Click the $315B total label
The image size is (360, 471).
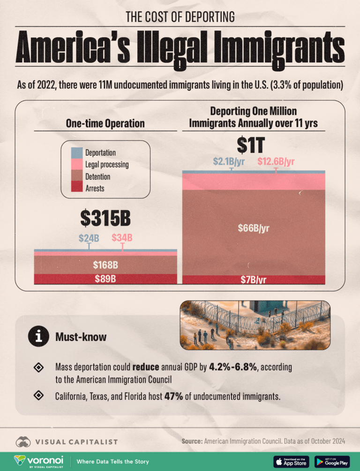(x=105, y=218)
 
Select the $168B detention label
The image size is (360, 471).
(x=105, y=265)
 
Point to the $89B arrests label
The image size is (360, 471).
(x=105, y=280)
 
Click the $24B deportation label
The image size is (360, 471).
(x=89, y=237)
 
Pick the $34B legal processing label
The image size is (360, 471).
(x=122, y=237)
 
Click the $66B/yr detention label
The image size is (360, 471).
(x=254, y=229)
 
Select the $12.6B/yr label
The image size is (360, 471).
(x=276, y=162)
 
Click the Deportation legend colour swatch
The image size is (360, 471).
(x=76, y=153)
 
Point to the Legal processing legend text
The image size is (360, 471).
(x=107, y=165)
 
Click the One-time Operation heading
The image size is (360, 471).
(x=105, y=124)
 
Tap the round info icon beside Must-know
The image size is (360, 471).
(x=37, y=336)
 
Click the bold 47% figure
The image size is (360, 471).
(x=173, y=396)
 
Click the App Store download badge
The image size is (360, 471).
(x=291, y=461)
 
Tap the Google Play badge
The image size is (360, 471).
(x=332, y=461)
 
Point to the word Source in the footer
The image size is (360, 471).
(x=191, y=441)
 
